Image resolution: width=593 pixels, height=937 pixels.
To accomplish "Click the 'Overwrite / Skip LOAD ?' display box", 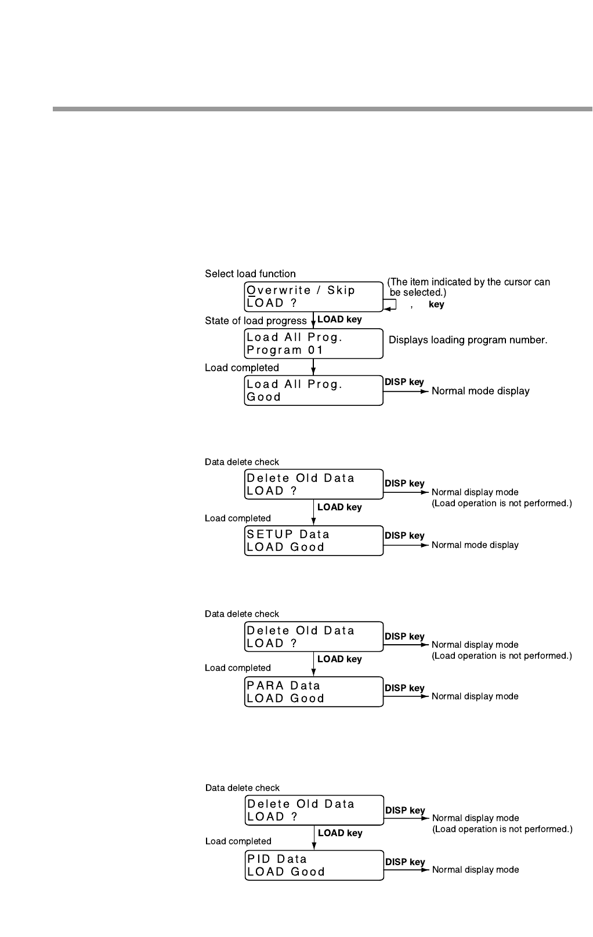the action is coord(313,296).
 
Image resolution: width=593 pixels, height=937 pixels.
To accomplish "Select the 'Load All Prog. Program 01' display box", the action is coord(313,343).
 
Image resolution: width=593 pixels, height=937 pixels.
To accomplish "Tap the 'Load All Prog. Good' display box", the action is coord(313,390).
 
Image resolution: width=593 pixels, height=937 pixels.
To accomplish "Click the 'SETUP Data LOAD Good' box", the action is coord(313,540).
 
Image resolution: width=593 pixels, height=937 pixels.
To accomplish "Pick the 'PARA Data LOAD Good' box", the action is coord(313,692).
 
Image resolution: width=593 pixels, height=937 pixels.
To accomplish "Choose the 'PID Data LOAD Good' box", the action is coord(314,865).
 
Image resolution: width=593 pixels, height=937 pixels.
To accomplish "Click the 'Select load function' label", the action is coord(250,274).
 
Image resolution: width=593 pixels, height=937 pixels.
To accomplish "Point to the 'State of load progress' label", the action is coord(256,321).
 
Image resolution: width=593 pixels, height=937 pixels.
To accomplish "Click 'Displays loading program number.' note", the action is coord(468,340).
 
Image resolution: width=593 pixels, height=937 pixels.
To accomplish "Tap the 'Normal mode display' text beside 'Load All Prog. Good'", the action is coord(480,391).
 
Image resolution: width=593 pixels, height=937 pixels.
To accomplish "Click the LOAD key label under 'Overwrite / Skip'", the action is coord(339,319).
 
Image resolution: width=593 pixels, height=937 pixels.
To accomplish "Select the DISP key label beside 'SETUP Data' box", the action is coord(404,535).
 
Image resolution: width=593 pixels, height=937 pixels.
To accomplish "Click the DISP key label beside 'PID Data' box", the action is coord(404,862).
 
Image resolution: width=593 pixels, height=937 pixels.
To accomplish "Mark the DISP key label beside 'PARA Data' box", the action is coord(404,688).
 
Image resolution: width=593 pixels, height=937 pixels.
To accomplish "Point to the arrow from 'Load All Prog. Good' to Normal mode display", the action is coord(406,391).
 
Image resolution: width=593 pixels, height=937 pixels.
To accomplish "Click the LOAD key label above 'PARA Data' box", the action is coord(339,659).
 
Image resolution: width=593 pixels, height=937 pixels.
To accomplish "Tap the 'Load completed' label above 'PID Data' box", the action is coord(238,841).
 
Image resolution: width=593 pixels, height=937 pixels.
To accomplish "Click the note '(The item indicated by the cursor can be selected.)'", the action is coord(469,287).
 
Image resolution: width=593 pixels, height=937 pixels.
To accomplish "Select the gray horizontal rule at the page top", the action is coord(322,109).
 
